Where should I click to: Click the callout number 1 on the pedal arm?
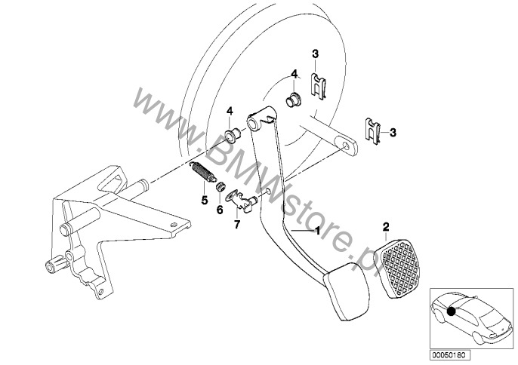[317, 231]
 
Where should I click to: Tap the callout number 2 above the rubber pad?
[386, 227]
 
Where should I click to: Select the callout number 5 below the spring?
[205, 200]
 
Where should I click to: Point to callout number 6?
[220, 210]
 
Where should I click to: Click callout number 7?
[236, 225]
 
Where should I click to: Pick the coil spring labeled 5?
[203, 172]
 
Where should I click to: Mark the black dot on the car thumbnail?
[451, 311]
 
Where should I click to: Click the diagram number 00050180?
[450, 355]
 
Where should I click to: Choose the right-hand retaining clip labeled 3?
[373, 131]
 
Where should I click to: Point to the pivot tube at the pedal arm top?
[254, 121]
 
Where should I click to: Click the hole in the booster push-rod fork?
[346, 146]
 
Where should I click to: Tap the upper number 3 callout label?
[315, 54]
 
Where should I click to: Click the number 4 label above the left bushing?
[230, 111]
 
